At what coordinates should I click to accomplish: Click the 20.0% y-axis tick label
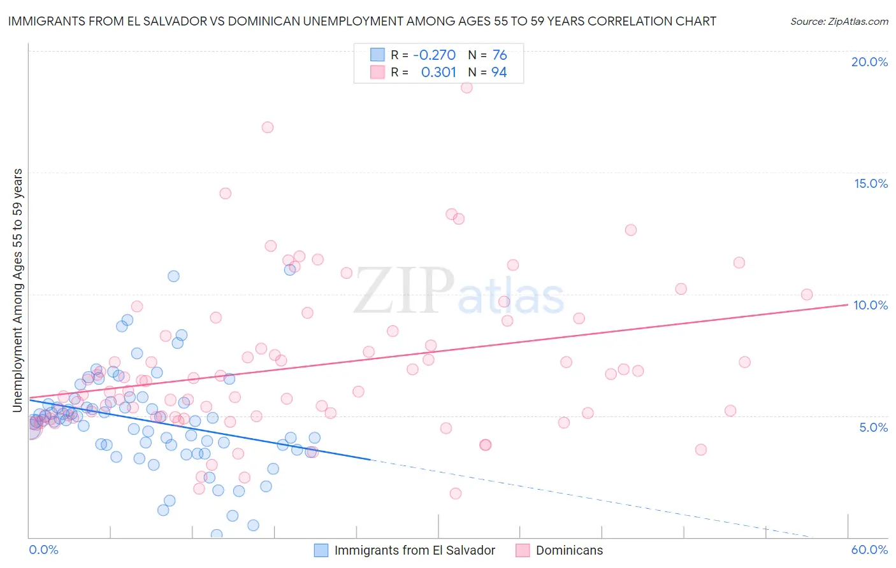coord(869,62)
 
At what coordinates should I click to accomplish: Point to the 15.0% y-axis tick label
coord(871,183)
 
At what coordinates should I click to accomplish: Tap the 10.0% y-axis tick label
coord(871,305)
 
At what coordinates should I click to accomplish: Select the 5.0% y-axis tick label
coord(873,427)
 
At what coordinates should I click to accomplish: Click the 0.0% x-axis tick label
coord(43,550)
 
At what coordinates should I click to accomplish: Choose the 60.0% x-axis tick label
coord(869,550)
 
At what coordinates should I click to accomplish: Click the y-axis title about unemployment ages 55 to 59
coord(17,290)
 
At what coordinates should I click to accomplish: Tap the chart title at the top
coord(362,21)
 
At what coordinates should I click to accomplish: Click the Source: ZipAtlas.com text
coord(839,21)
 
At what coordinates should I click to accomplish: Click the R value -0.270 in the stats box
coord(434,55)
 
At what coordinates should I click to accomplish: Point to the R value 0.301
coord(438,73)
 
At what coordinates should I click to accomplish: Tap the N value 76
coord(500,55)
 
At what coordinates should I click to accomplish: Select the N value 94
coord(499,73)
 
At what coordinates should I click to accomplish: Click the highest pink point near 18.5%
coord(466,87)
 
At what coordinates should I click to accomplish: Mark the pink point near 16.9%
coord(268,127)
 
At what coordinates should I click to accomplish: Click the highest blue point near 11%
coord(290,269)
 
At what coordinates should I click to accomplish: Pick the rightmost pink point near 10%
coord(807,294)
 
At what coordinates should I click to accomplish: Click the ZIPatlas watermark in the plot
coord(459,292)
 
